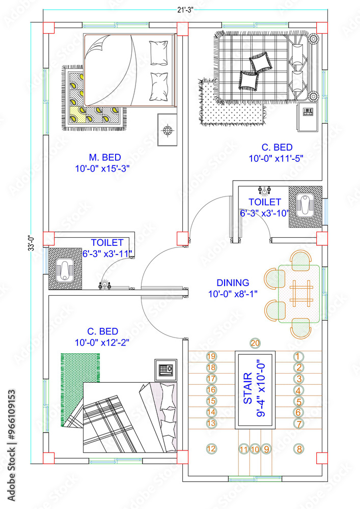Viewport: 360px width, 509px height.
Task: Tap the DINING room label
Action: (x=233, y=282)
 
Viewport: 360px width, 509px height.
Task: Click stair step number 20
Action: (x=255, y=343)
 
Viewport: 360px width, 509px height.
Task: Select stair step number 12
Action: (x=211, y=448)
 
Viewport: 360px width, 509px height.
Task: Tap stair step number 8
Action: (x=299, y=448)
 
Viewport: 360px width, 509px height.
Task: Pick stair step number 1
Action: (x=299, y=356)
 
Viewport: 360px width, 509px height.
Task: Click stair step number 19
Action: (x=211, y=356)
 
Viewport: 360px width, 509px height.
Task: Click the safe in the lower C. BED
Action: (x=165, y=368)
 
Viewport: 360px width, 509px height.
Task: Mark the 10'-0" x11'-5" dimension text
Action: (x=276, y=158)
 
